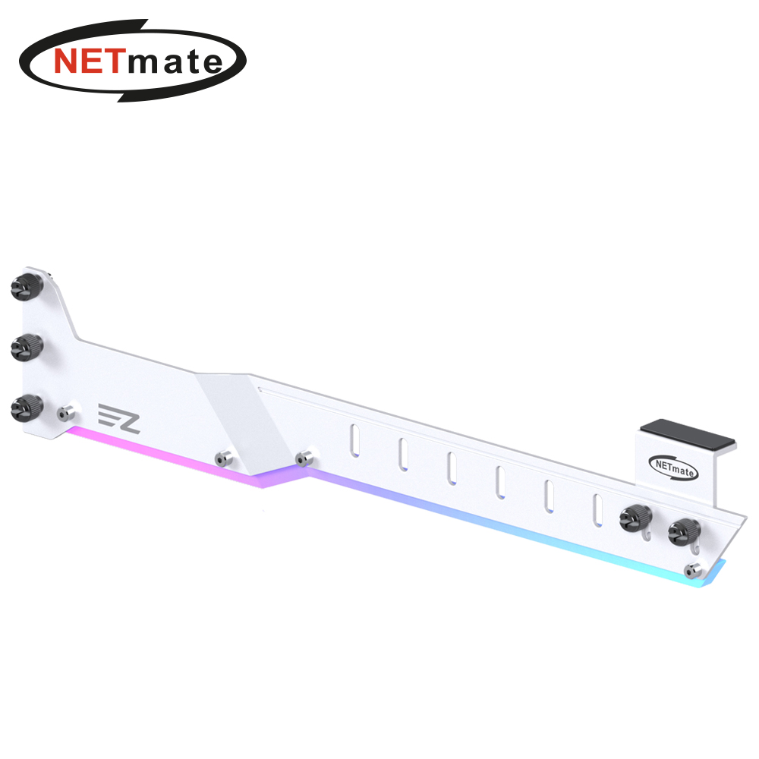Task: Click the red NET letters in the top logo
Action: (x=87, y=61)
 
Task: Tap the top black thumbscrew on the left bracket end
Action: (x=27, y=287)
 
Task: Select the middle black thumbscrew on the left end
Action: (x=27, y=347)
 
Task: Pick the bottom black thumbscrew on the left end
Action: (x=27, y=408)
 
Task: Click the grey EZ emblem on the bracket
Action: (x=119, y=418)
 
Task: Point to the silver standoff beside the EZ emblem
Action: (x=66, y=414)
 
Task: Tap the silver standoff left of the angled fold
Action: (x=224, y=458)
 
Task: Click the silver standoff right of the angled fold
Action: (x=304, y=458)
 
